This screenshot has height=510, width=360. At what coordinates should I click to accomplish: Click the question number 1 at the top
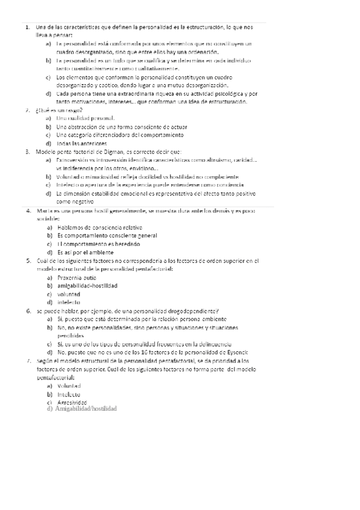[28, 27]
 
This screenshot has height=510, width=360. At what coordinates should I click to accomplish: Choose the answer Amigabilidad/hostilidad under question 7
[85, 408]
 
